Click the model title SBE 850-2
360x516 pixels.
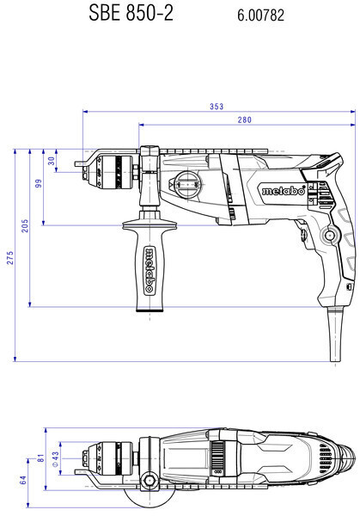pyautogui.click(x=131, y=14)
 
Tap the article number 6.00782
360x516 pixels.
pyautogui.click(x=260, y=15)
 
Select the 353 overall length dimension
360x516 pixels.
pyautogui.click(x=217, y=107)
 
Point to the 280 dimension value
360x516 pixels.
pyautogui.click(x=245, y=120)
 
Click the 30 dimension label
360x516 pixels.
pyautogui.click(x=52, y=161)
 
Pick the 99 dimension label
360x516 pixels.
pyautogui.click(x=39, y=183)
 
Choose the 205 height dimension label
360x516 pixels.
pyautogui.click(x=25, y=225)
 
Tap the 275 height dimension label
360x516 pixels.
pyautogui.click(x=10, y=257)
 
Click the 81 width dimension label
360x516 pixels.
pyautogui.click(x=40, y=458)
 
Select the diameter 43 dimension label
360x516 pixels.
pyautogui.click(x=55, y=458)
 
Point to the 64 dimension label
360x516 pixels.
pyautogui.click(x=23, y=480)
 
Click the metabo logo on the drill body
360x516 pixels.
pyautogui.click(x=284, y=191)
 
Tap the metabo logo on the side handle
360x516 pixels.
pyautogui.click(x=149, y=270)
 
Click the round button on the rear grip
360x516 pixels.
pyautogui.click(x=329, y=236)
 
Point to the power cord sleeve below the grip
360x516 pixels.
pyautogui.click(x=335, y=335)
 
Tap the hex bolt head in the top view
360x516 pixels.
pyautogui.click(x=149, y=481)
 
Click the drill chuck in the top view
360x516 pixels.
pyautogui.click(x=107, y=458)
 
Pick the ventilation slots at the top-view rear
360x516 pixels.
pyautogui.click(x=325, y=458)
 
